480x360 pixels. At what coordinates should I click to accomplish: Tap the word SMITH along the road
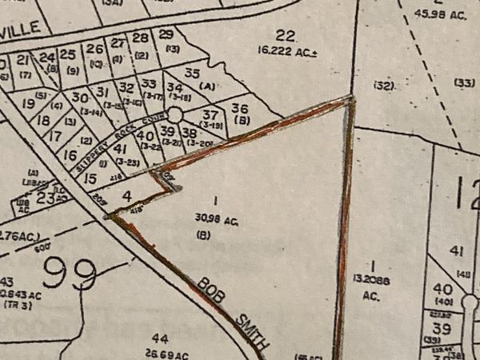coord(250,328)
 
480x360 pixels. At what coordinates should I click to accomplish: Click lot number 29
coord(166,34)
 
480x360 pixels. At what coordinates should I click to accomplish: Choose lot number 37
coord(211,114)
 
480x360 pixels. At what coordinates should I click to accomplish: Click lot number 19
coord(29,102)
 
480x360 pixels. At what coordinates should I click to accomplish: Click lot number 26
coord(94,50)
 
